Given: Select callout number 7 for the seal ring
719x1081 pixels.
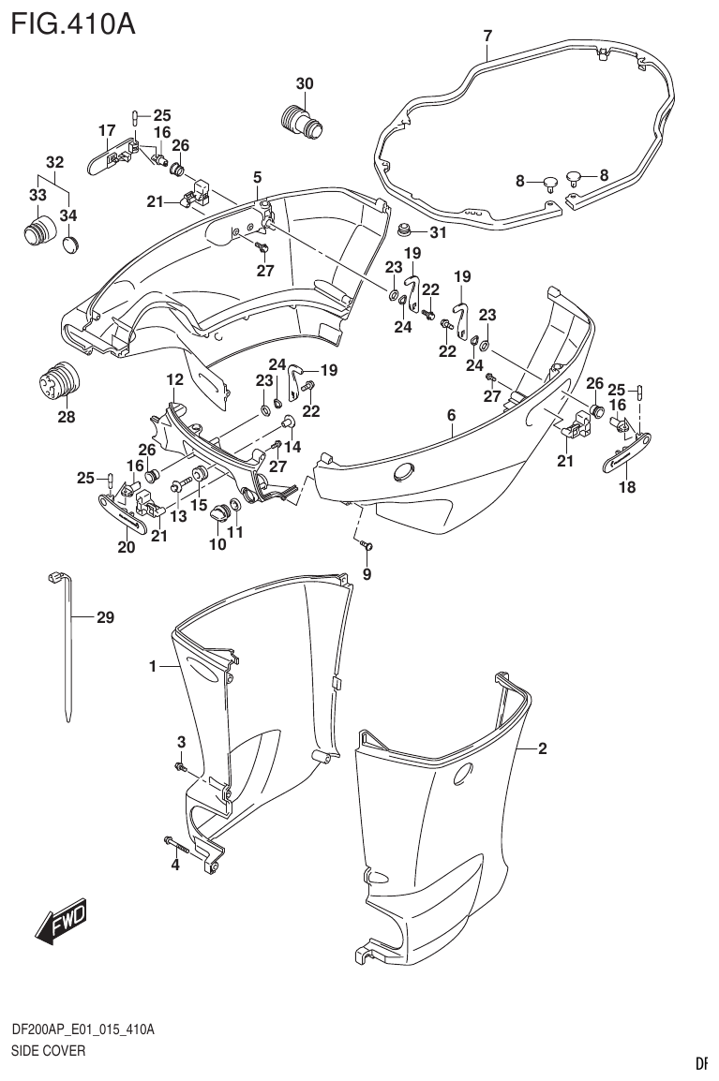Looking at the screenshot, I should tap(487, 37).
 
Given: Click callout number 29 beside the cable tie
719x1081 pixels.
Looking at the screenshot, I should tap(105, 617).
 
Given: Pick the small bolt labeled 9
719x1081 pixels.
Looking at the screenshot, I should tap(367, 545).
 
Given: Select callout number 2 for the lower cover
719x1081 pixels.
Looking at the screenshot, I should tap(542, 748).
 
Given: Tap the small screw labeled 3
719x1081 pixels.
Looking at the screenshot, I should tap(180, 767).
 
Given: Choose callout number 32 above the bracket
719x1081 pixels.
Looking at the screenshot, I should tap(55, 160).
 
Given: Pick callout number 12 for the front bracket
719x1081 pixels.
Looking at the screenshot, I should tap(175, 379).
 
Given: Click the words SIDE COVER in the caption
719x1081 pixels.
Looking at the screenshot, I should tap(48, 1051).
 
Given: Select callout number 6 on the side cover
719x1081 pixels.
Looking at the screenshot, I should tap(451, 415).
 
